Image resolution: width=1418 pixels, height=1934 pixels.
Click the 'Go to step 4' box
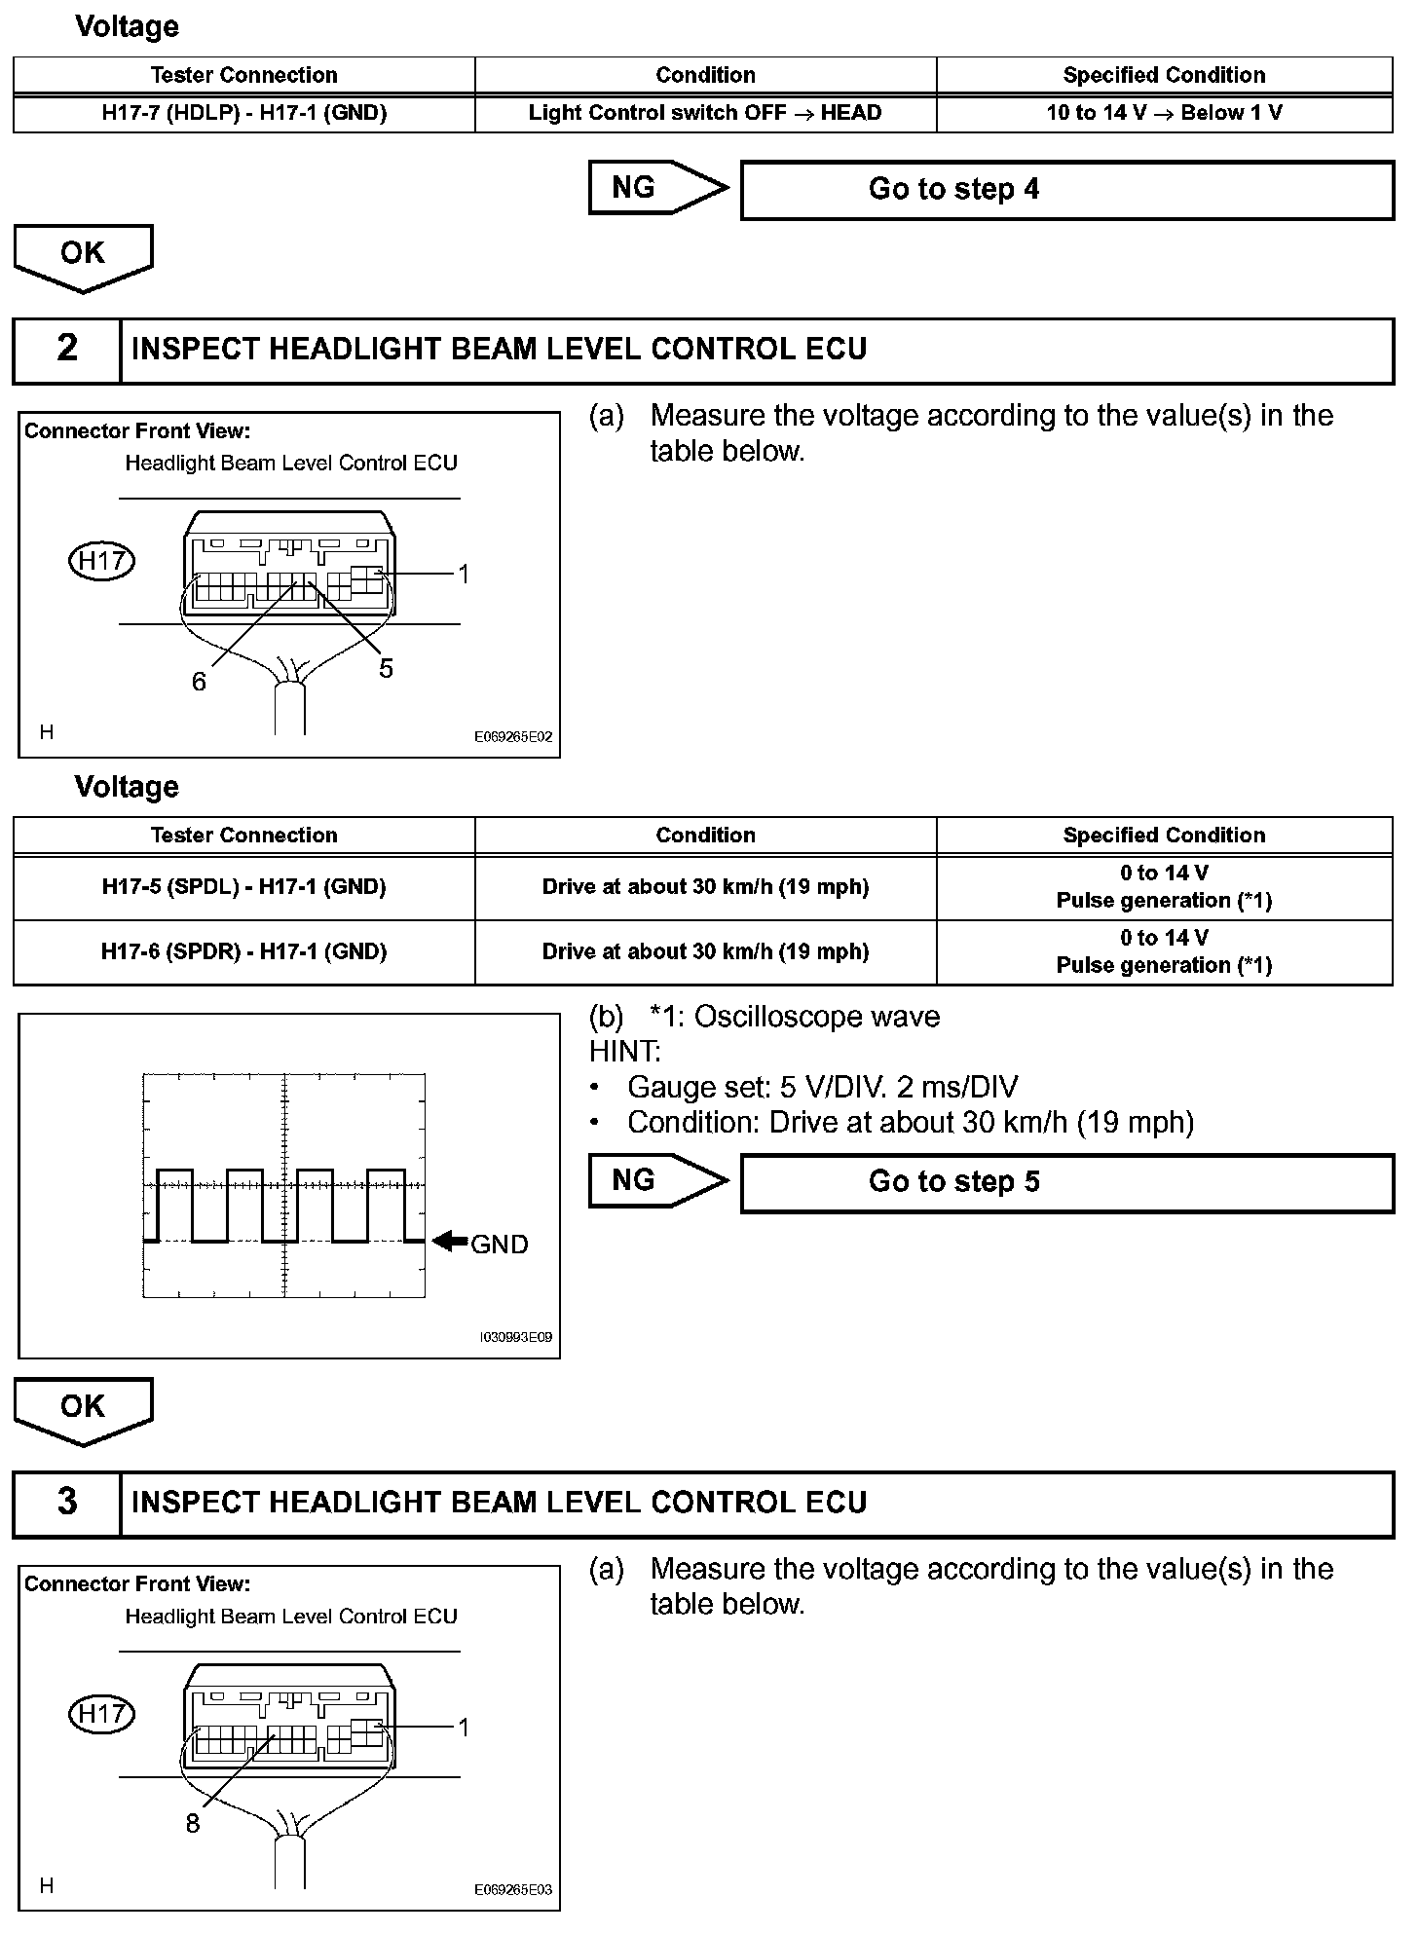coord(1066,190)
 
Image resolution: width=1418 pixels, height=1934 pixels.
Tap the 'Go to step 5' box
coord(1066,1182)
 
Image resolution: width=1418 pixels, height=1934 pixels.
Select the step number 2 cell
coord(67,350)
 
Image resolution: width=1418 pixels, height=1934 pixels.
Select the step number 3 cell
coord(67,1503)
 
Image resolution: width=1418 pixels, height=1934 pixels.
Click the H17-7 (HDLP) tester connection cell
coord(244,113)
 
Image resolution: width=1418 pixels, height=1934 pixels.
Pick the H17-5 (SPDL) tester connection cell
coord(244,887)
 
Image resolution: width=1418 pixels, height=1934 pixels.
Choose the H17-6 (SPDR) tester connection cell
coord(244,951)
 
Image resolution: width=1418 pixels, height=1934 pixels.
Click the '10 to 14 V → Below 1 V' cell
coord(1164,113)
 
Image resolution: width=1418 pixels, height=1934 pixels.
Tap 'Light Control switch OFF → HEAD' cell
coord(705,113)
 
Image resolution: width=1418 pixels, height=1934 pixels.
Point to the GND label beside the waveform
coord(500,1245)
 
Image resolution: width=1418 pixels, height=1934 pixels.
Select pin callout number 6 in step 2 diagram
coord(199,682)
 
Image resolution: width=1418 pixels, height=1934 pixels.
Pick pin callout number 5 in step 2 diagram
coord(387,668)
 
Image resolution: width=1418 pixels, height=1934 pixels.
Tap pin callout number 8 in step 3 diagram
coord(193,1824)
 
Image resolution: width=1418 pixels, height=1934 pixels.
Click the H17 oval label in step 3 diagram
coord(101,1714)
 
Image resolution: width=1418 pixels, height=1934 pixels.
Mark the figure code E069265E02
coord(513,737)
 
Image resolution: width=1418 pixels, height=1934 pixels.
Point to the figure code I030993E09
coord(516,1337)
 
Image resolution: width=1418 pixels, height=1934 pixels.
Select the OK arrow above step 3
coord(83,1410)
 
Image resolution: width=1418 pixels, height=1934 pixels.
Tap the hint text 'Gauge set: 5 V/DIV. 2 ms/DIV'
coord(822,1087)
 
